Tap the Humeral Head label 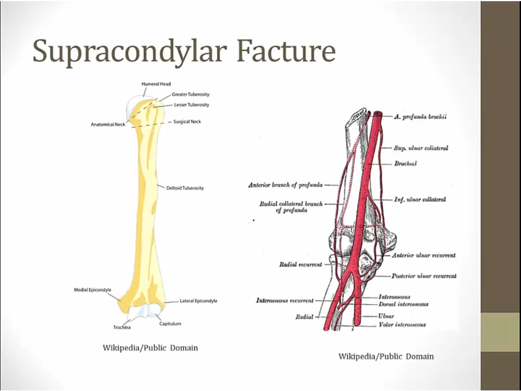pyautogui.click(x=156, y=84)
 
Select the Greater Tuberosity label pyautogui.click(x=190, y=94)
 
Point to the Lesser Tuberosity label pyautogui.click(x=192, y=105)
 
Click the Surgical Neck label pyautogui.click(x=188, y=122)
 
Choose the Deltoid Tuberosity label pyautogui.click(x=185, y=188)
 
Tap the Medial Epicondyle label pyautogui.click(x=93, y=290)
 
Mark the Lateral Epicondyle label pyautogui.click(x=199, y=301)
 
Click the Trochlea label pyautogui.click(x=122, y=328)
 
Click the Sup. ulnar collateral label pyautogui.click(x=421, y=148)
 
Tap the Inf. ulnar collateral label pyautogui.click(x=420, y=200)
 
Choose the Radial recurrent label pyautogui.click(x=300, y=265)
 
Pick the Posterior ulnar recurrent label pyautogui.click(x=424, y=276)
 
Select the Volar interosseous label pyautogui.click(x=402, y=325)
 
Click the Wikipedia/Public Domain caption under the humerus pyautogui.click(x=151, y=348)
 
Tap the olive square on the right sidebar pyautogui.click(x=500, y=332)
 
